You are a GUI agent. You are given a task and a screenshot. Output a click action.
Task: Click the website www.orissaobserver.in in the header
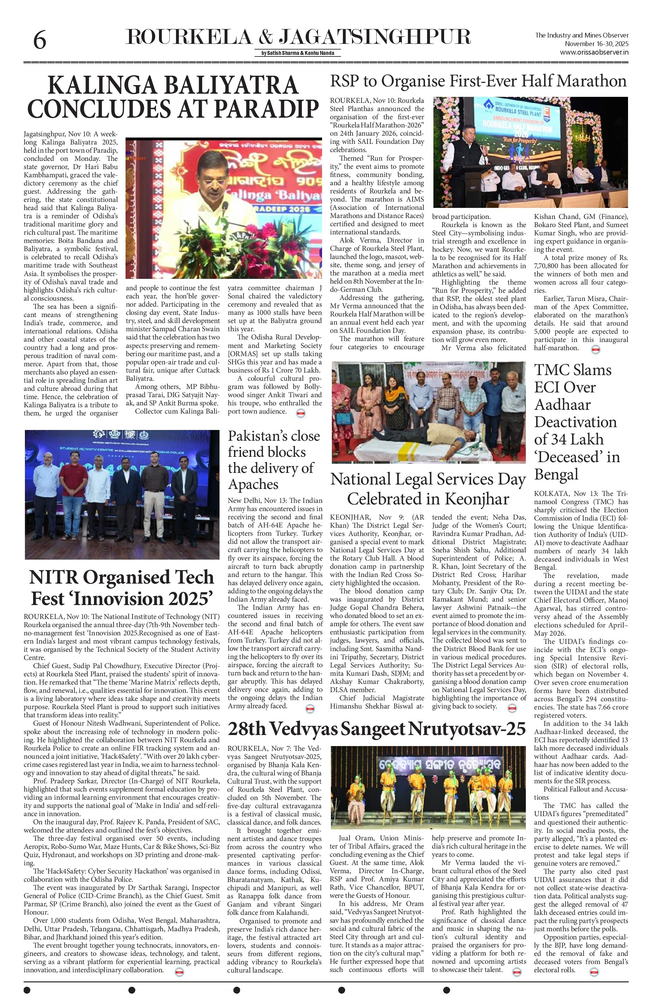(594, 52)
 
